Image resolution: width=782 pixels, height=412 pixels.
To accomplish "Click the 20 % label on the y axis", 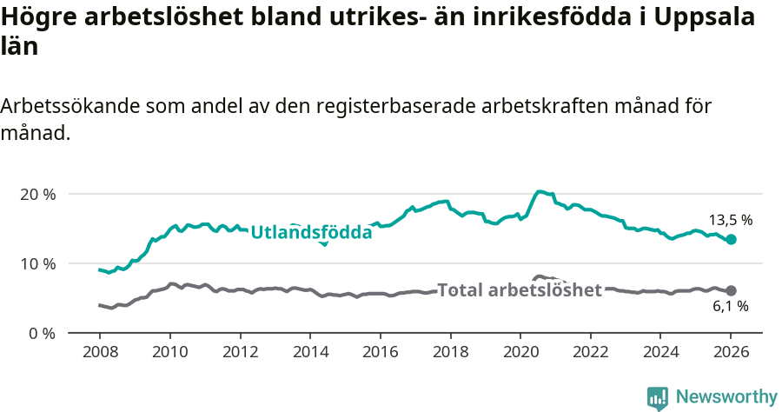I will tap(37, 194).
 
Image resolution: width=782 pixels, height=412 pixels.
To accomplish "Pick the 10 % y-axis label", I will tap(37, 263).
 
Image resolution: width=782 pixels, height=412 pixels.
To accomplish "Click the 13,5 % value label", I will tap(730, 220).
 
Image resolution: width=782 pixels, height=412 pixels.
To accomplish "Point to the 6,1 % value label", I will tap(730, 306).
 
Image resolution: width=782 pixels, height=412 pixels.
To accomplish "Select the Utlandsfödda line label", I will tap(311, 232).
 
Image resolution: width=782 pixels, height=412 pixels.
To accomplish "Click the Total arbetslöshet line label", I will tap(520, 290).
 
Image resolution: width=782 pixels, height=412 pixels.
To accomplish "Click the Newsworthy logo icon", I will tap(658, 398).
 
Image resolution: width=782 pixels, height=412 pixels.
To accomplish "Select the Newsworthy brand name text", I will tap(726, 397).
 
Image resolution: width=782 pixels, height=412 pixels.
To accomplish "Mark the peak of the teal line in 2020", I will tap(540, 191).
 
